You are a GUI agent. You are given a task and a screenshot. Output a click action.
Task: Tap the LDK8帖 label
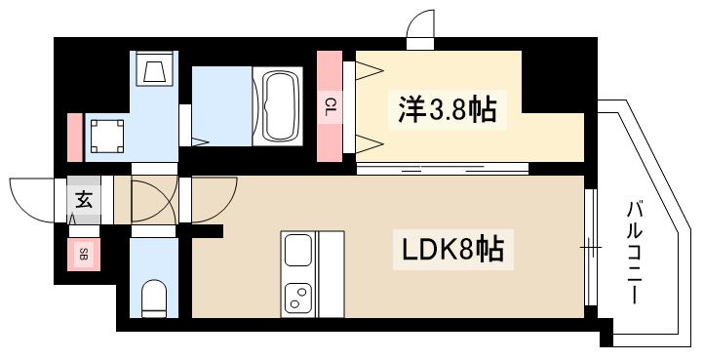pyautogui.click(x=453, y=252)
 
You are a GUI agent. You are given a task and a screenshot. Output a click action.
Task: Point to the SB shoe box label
pyautogui.click(x=84, y=256)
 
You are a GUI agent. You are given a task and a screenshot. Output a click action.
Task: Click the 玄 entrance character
pyautogui.click(x=84, y=202)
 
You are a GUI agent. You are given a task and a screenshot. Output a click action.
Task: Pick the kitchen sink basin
pyautogui.click(x=296, y=254)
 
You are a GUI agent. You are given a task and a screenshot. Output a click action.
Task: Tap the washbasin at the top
pyautogui.click(x=154, y=69)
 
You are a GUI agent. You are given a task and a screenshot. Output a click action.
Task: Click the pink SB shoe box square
pyautogui.click(x=84, y=256)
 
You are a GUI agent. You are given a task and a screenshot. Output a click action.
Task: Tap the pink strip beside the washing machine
pyautogui.click(x=74, y=137)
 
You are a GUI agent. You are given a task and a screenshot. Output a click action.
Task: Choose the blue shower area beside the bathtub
pyautogui.click(x=221, y=105)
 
